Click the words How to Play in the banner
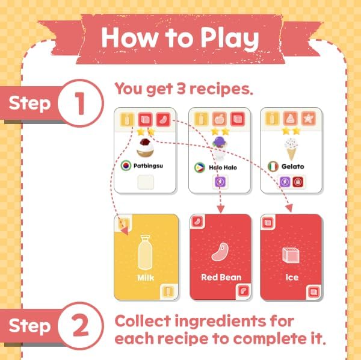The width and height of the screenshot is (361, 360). pyautogui.click(x=180, y=37)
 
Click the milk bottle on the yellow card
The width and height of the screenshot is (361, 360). pyautogui.click(x=146, y=252)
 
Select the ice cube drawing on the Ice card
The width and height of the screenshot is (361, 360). pyautogui.click(x=291, y=253)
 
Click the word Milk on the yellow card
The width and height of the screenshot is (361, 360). pyautogui.click(x=146, y=278)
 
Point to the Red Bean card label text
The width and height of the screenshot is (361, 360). pyautogui.click(x=221, y=278)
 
